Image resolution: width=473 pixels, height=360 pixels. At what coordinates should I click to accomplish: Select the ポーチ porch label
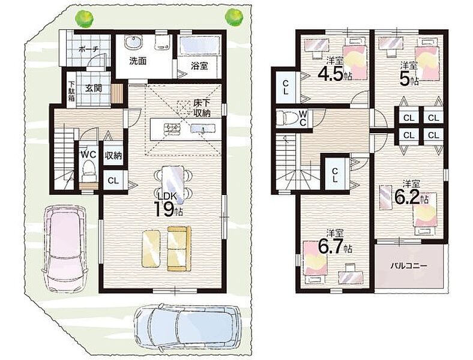(89, 49)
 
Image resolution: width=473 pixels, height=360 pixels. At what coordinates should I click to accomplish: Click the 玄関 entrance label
(93, 88)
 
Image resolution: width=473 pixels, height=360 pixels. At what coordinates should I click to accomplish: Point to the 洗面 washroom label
(138, 61)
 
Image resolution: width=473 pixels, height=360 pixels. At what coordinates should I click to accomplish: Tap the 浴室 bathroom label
(199, 66)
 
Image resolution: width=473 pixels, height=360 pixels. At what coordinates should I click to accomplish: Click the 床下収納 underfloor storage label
(202, 107)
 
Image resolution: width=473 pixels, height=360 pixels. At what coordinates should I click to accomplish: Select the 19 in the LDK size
(163, 209)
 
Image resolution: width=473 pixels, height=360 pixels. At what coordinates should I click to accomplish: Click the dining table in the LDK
(172, 184)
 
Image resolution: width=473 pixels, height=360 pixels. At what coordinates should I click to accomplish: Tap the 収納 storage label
(113, 155)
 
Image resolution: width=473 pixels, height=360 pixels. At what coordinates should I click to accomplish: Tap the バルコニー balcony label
(409, 266)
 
